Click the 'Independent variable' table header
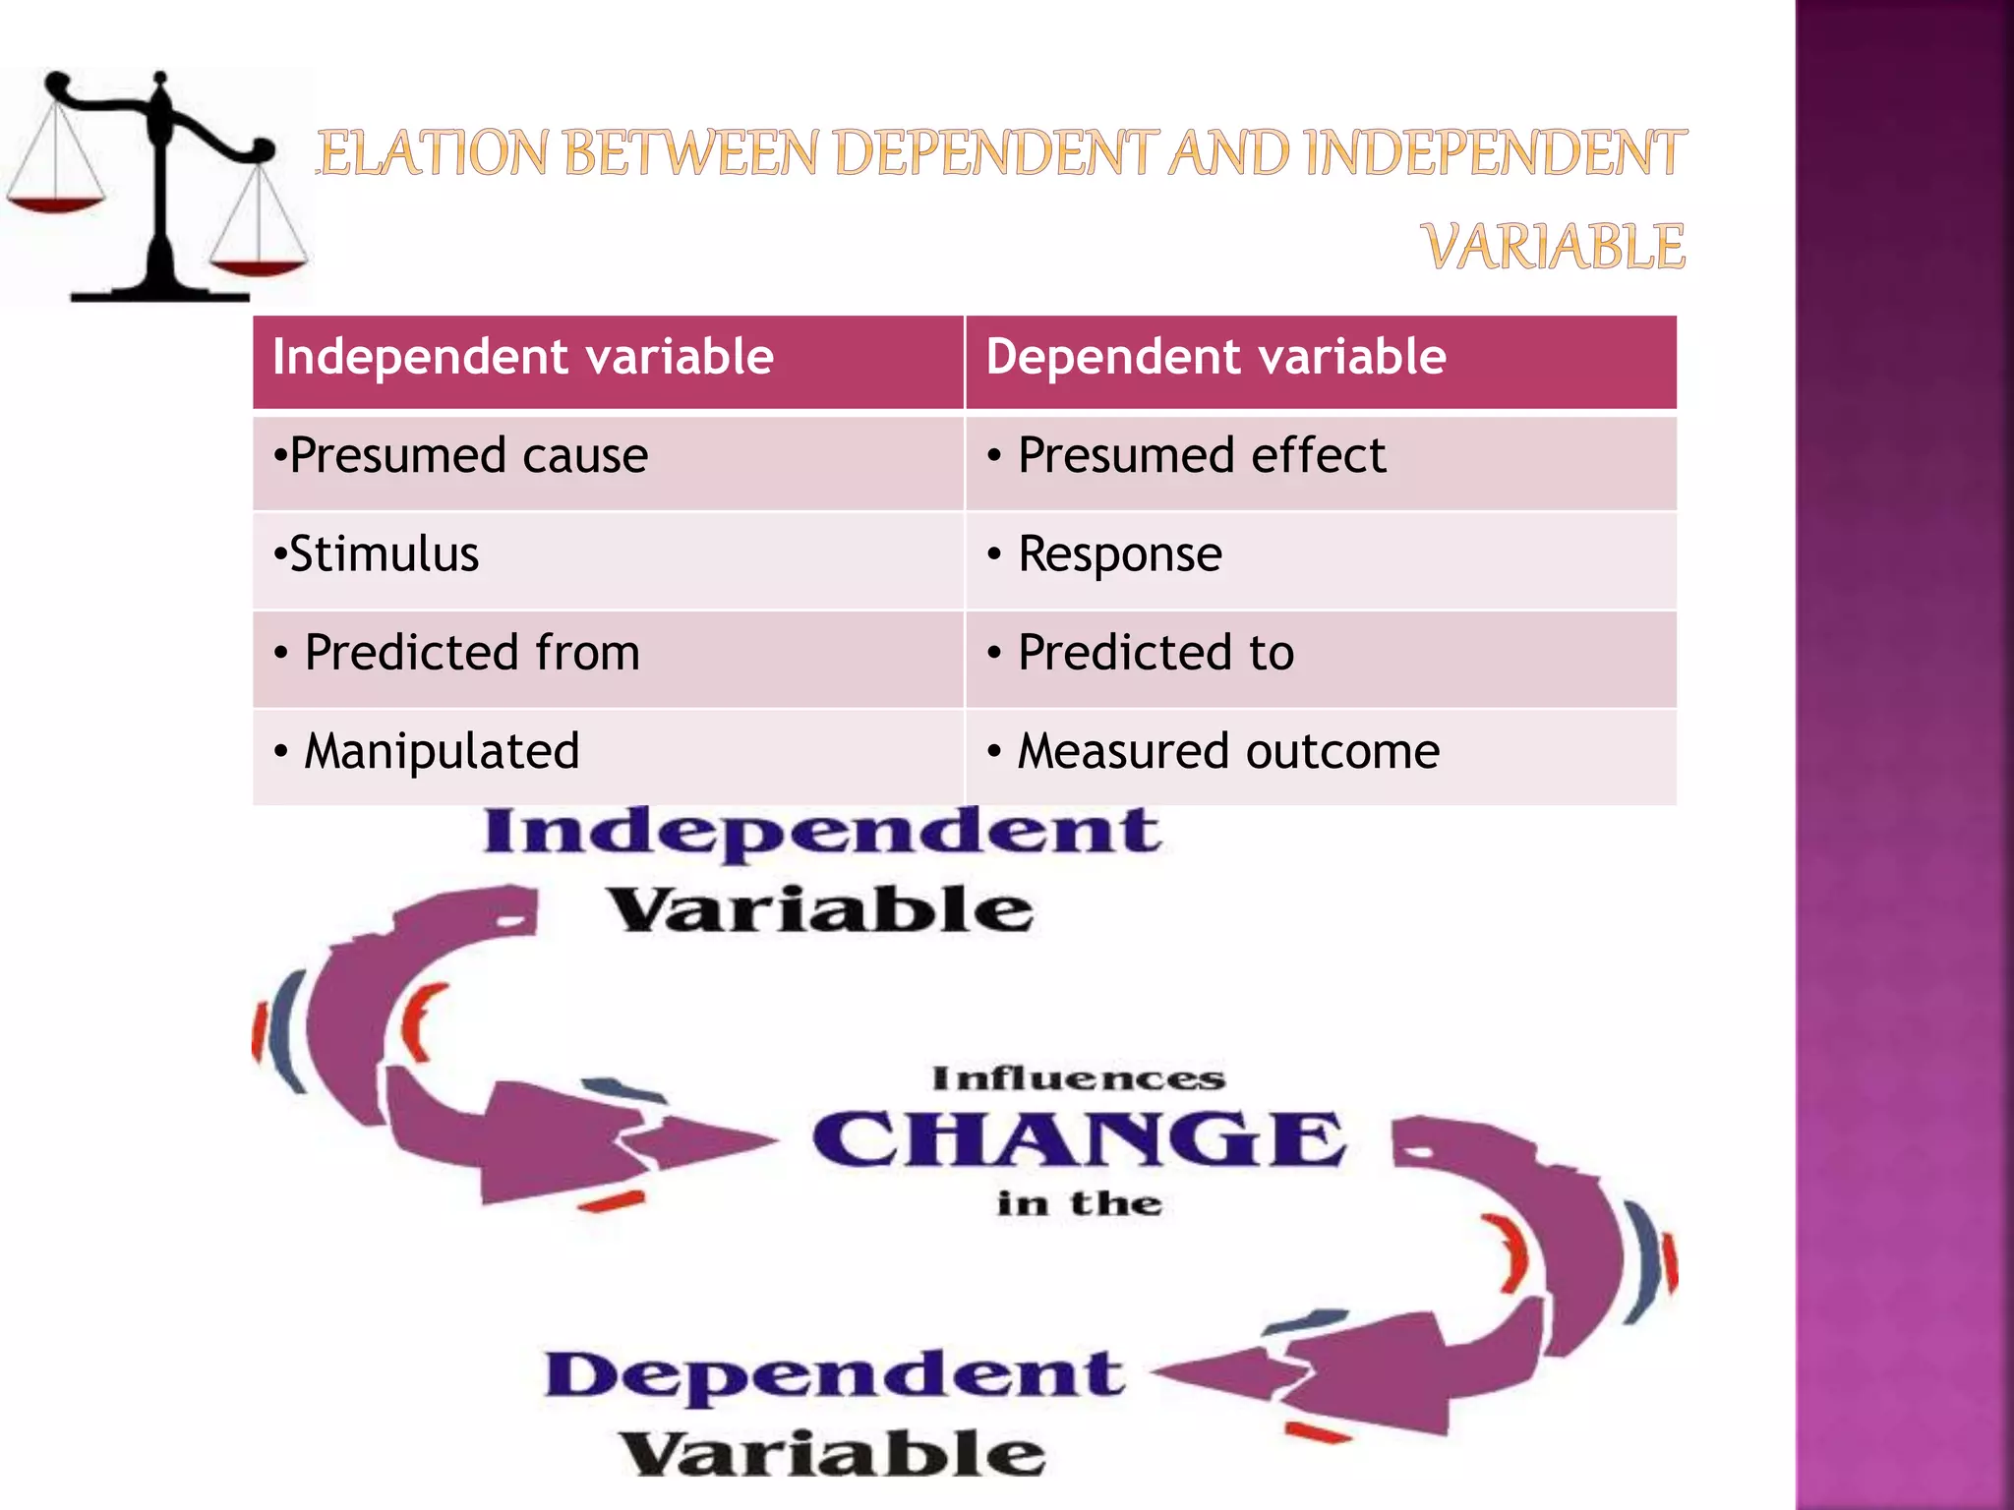coord(522,357)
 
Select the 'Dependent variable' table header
coord(1215,357)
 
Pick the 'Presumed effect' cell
coord(1201,456)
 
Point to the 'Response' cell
coord(1119,554)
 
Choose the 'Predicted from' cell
coord(471,653)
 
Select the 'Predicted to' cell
coord(1155,653)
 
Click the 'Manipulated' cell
coord(441,752)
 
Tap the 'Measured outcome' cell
coord(1227,752)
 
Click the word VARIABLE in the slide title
coord(1554,247)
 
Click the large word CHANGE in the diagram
coord(1078,1139)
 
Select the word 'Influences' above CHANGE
coord(1079,1079)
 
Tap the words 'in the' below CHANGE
coord(1079,1203)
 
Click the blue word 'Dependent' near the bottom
coord(834,1374)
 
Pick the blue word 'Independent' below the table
coord(822,832)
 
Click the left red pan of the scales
coord(55,204)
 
